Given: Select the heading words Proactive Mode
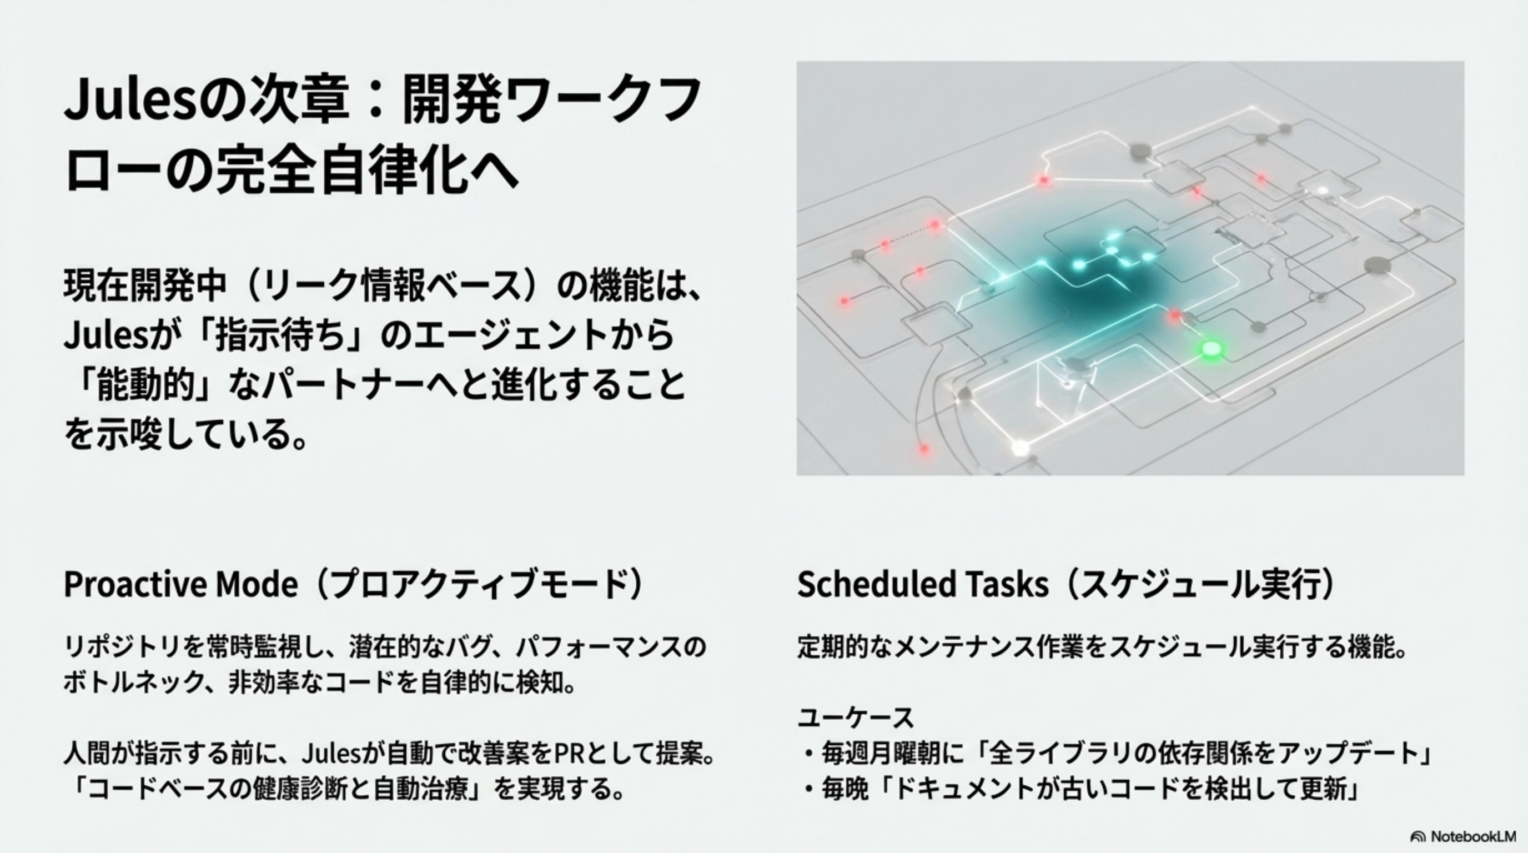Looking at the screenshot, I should [x=180, y=584].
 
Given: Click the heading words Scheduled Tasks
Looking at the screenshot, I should [x=922, y=584].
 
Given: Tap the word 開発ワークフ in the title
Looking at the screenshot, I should [x=552, y=101].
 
